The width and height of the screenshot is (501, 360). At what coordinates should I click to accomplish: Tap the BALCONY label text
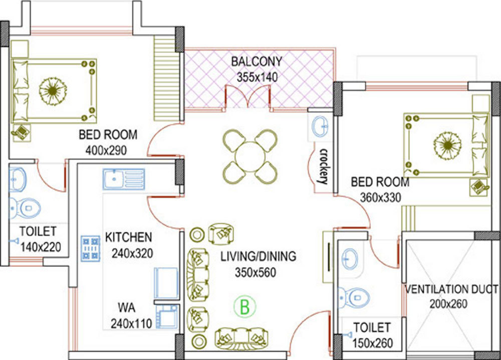(x=256, y=62)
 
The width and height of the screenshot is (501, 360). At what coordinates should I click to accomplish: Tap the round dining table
(x=249, y=156)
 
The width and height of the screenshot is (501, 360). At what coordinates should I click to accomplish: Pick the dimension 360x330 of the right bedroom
(x=380, y=198)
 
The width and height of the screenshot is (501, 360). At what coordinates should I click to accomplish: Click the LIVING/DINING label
(x=258, y=257)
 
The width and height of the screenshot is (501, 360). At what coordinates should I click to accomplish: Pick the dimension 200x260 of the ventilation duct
(x=449, y=304)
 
